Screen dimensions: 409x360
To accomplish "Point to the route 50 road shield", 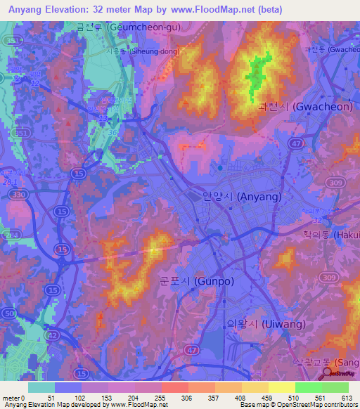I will point(9,313).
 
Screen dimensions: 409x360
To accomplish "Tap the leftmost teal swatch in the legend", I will point(41,387).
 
